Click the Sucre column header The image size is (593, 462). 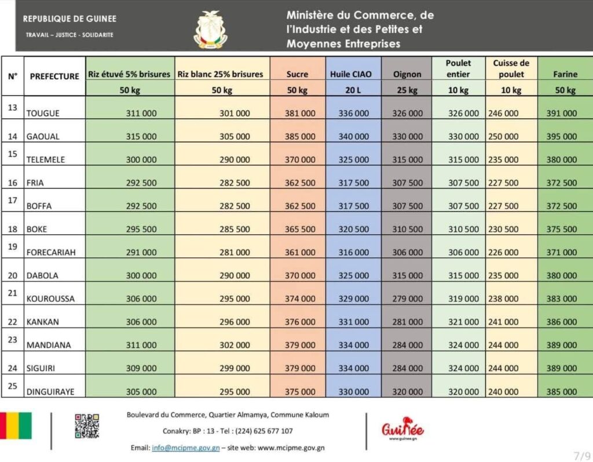(297, 74)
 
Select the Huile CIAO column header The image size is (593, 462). (351, 74)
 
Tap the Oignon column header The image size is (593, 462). (407, 74)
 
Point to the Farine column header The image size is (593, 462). (565, 74)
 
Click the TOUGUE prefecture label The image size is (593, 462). (43, 114)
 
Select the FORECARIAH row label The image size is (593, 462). (51, 253)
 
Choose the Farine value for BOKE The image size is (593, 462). (562, 230)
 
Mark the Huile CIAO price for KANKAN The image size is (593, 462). (353, 322)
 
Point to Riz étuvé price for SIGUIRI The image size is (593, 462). (141, 368)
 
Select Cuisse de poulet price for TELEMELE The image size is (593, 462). (504, 160)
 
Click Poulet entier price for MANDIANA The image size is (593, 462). (463, 345)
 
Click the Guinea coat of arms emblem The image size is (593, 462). (210, 29)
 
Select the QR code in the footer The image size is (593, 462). (87, 425)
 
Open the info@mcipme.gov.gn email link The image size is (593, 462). (185, 448)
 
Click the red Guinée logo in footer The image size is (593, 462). (402, 428)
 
